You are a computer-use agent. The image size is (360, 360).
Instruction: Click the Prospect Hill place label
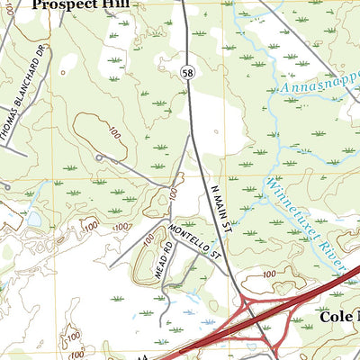80,4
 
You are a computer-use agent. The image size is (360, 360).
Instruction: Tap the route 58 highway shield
184,78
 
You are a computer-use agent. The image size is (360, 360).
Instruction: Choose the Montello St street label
195,242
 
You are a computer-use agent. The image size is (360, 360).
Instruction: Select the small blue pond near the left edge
34,219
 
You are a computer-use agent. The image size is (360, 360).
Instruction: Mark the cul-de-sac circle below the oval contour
98,157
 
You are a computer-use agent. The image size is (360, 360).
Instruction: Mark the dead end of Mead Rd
162,324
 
